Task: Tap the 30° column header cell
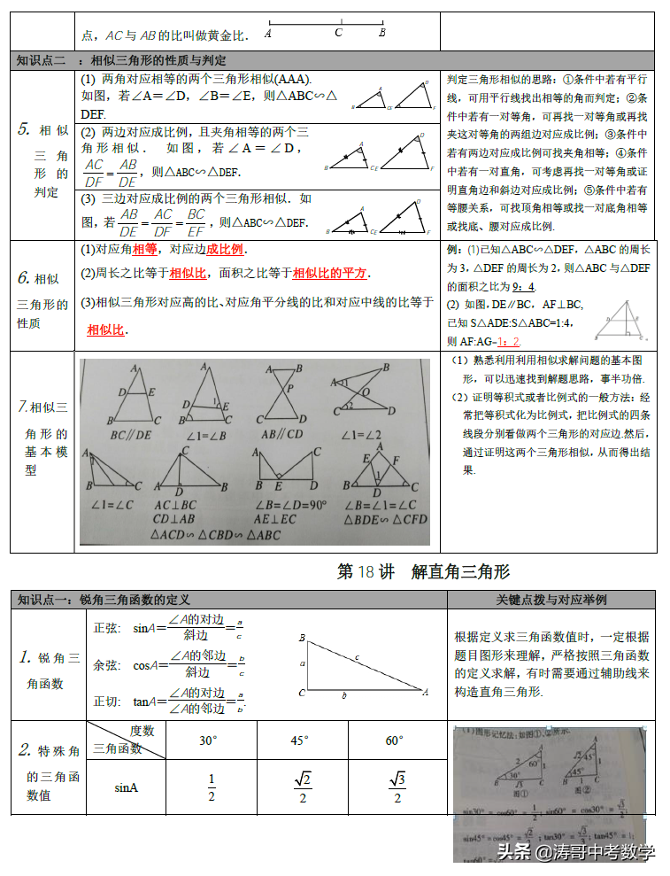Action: point(208,740)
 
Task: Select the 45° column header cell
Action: point(300,740)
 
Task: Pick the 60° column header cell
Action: point(394,740)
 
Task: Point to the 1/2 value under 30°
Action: point(212,787)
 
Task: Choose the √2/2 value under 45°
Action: point(303,787)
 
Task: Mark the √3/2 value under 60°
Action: point(397,787)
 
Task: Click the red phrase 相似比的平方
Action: point(330,273)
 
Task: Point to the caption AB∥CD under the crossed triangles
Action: point(282,435)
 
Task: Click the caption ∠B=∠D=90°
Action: point(290,505)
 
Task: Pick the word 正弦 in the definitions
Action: point(106,628)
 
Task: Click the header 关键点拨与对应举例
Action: point(551,600)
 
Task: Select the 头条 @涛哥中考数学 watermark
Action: point(576,852)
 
